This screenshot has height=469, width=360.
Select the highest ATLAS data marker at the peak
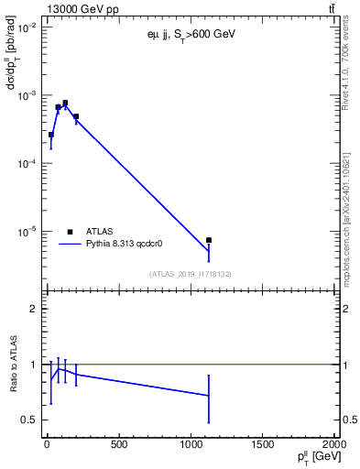65,104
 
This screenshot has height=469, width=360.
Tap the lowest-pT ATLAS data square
51,135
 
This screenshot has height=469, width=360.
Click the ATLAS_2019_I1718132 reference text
190,274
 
